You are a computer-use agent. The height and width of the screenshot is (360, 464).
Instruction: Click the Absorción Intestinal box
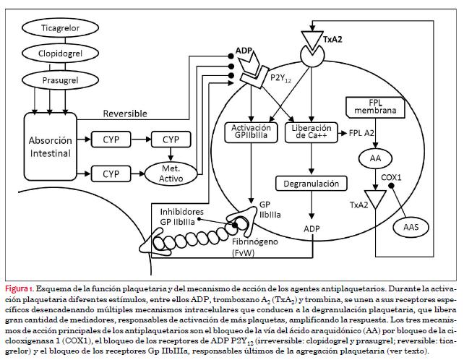[51, 147]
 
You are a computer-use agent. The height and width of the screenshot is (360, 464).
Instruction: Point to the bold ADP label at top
[244, 51]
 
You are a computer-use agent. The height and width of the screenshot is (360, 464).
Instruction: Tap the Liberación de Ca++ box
[309, 133]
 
